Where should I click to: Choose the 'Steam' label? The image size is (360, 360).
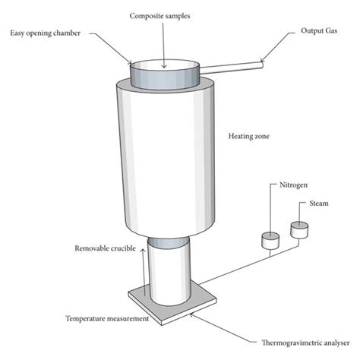318,204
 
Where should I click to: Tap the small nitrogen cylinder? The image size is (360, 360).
269,241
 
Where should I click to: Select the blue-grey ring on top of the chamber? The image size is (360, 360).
164,77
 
